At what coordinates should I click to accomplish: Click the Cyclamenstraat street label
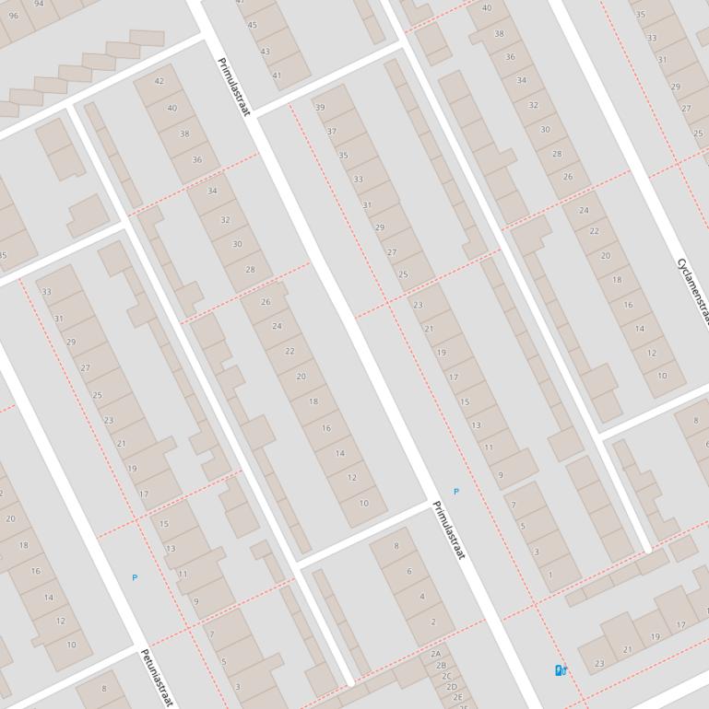pyautogui.click(x=694, y=291)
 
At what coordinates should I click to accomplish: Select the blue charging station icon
pyautogui.click(x=560, y=670)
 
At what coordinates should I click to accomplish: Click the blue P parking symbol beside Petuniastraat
pyautogui.click(x=135, y=577)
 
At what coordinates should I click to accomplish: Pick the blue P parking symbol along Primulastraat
pyautogui.click(x=455, y=492)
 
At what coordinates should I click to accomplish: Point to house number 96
pyautogui.click(x=12, y=15)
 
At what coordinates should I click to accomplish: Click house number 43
pyautogui.click(x=265, y=52)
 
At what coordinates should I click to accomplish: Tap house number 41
pyautogui.click(x=277, y=76)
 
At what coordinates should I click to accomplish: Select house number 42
pyautogui.click(x=159, y=81)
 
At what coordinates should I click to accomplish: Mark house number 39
pyautogui.click(x=320, y=108)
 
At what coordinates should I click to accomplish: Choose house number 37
pyautogui.click(x=332, y=132)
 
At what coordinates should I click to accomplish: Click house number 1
pyautogui.click(x=550, y=575)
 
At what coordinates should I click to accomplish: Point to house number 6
pyautogui.click(x=409, y=571)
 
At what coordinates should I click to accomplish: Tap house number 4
pyautogui.click(x=422, y=596)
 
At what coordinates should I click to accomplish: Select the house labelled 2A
pyautogui.click(x=436, y=655)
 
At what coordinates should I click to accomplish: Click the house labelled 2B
pyautogui.click(x=442, y=666)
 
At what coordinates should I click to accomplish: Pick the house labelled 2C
pyautogui.click(x=447, y=677)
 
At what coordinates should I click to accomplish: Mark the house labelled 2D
pyautogui.click(x=452, y=687)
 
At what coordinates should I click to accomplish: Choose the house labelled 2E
pyautogui.click(x=457, y=697)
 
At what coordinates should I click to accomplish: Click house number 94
pyautogui.click(x=39, y=4)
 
